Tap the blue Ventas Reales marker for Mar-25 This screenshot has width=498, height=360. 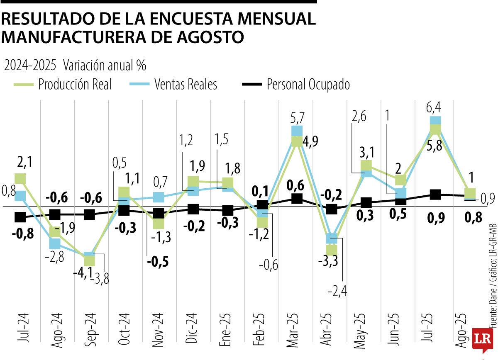[297, 131]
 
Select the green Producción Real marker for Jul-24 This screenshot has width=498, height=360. [20, 179]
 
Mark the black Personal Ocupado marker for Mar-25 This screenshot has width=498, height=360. [297, 199]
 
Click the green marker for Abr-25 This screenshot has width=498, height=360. [332, 250]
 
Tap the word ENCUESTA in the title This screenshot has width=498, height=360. [187, 19]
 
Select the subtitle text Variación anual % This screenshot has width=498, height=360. [105, 65]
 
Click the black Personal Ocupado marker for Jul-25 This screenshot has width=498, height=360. [435, 195]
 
